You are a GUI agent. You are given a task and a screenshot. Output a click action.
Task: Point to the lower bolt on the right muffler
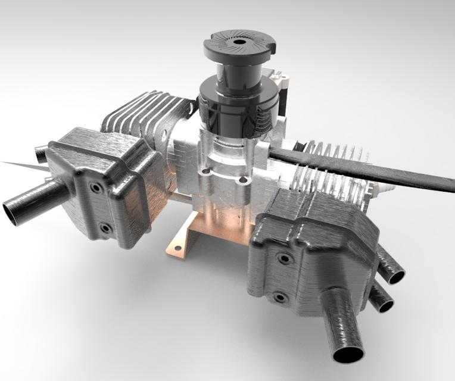pos(279,296)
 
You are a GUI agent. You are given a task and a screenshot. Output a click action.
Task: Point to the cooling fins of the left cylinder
pos(137,116)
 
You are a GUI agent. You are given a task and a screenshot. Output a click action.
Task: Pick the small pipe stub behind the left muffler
pos(40,155)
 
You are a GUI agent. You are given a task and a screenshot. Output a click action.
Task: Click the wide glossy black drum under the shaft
pos(235,110)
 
